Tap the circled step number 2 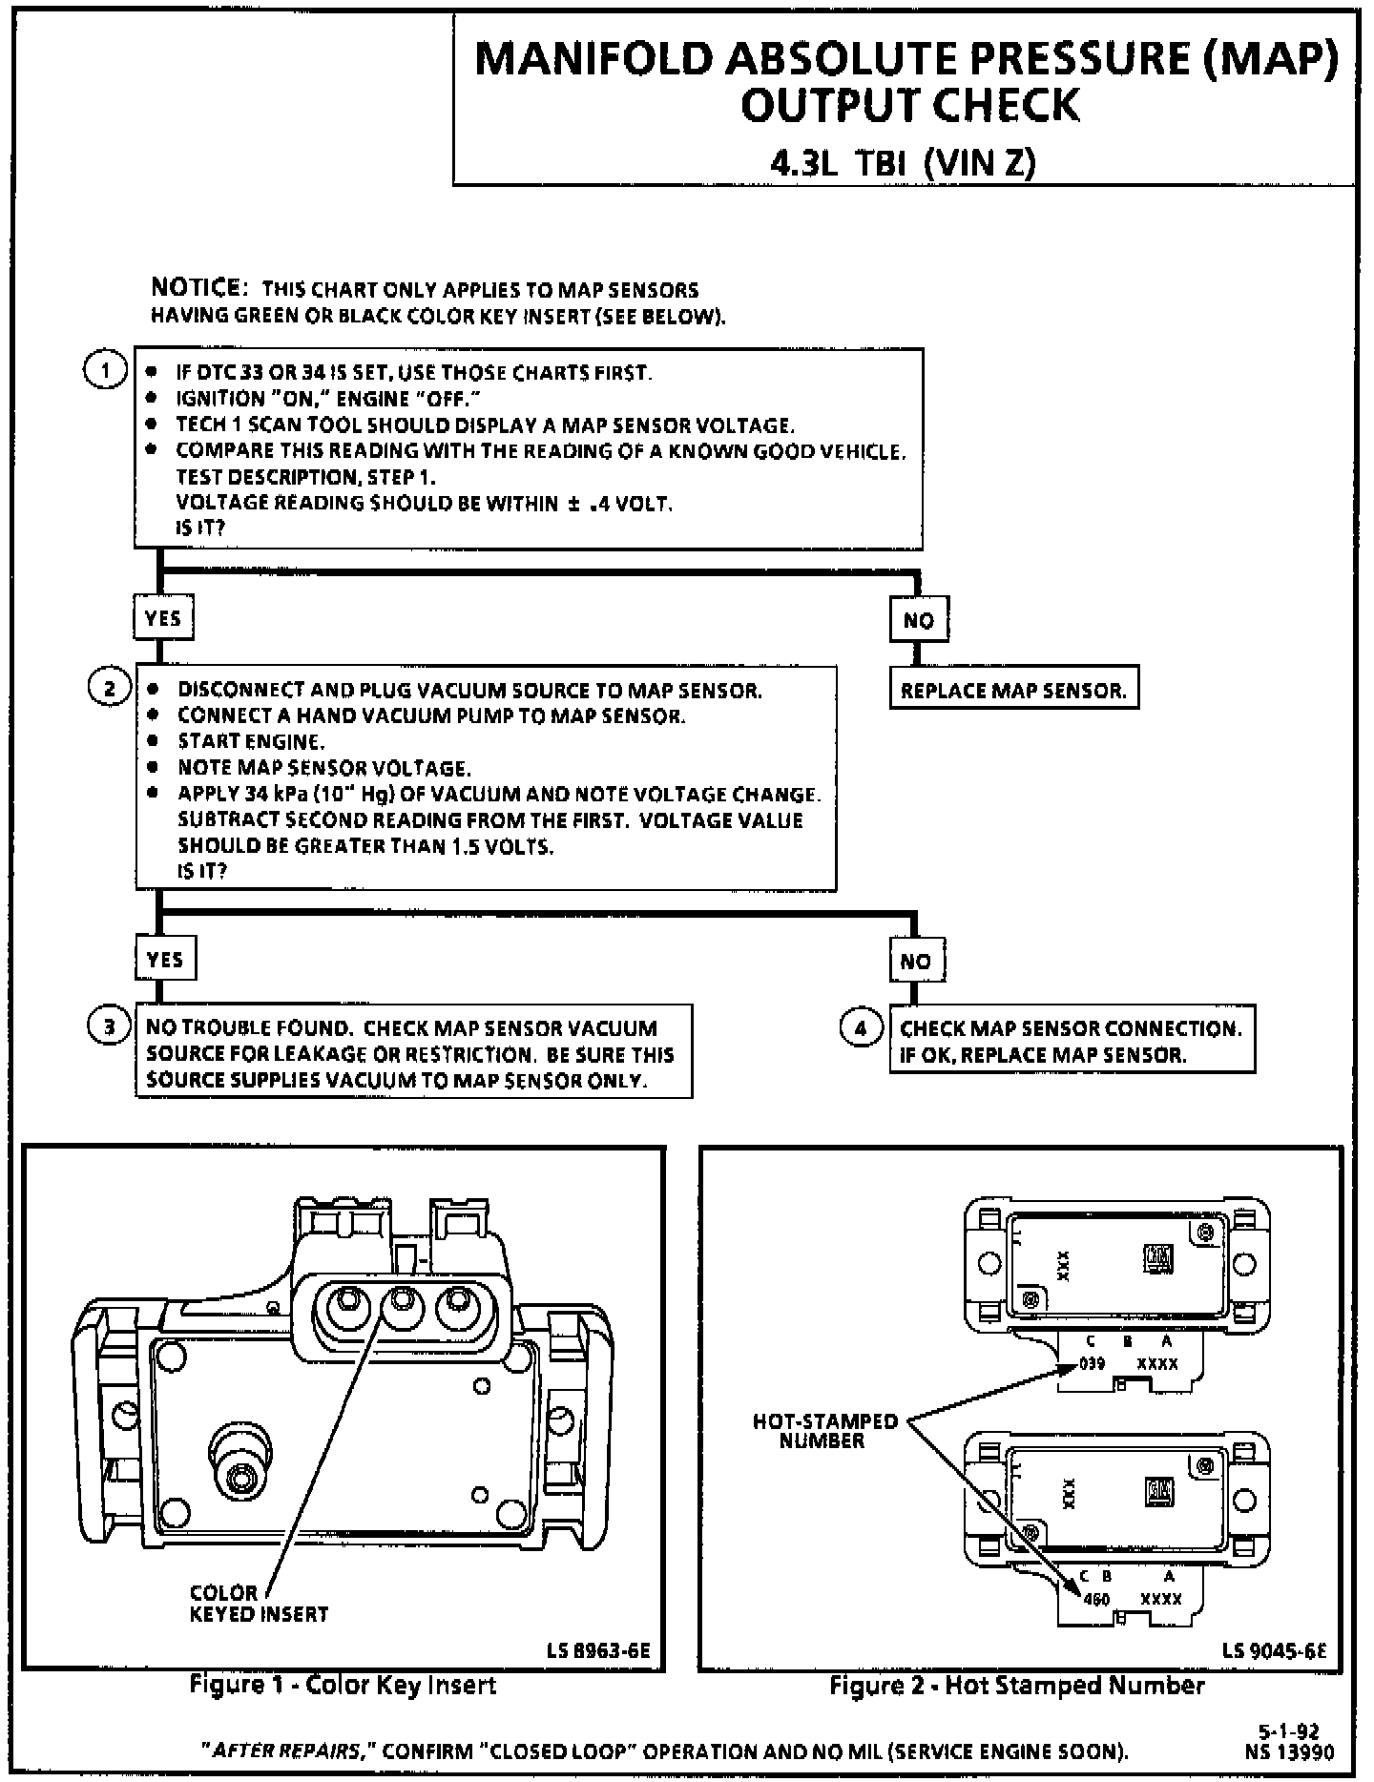click(109, 688)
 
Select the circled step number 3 click(109, 1026)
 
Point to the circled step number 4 click(860, 1027)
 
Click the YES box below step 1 click(163, 618)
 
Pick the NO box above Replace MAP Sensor click(918, 620)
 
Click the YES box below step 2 click(165, 959)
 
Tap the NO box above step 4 click(916, 961)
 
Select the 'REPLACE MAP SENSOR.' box click(1013, 691)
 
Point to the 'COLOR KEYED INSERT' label click(259, 1604)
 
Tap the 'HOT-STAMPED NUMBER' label click(825, 1431)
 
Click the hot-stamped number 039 click(1092, 1364)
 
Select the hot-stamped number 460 click(1096, 1600)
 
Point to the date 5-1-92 click(1295, 1731)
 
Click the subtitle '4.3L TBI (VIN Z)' click(904, 164)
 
